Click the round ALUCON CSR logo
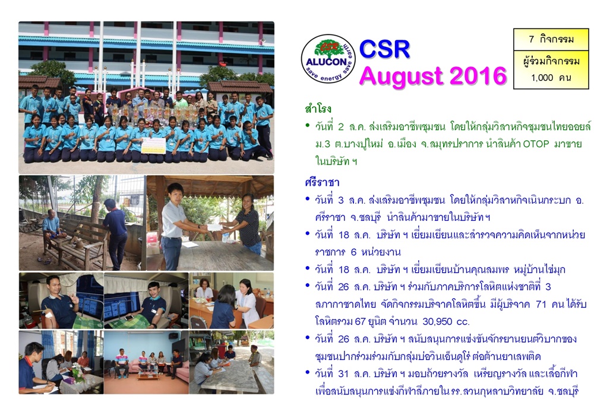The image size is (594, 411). point(328,59)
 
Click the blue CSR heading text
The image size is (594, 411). point(384,49)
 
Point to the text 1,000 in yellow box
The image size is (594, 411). point(542,78)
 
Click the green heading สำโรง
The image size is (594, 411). point(318,109)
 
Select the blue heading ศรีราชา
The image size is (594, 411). point(322,182)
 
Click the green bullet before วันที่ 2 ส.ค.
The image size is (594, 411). point(308,125)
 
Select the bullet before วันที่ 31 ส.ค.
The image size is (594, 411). point(308,373)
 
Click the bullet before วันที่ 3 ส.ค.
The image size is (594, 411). point(308,199)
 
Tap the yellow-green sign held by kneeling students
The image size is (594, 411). point(153,145)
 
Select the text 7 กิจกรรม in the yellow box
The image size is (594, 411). point(551,39)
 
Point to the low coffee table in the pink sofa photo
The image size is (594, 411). point(148,374)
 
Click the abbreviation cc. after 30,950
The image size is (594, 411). point(463,322)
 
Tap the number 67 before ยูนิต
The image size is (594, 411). point(360,321)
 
